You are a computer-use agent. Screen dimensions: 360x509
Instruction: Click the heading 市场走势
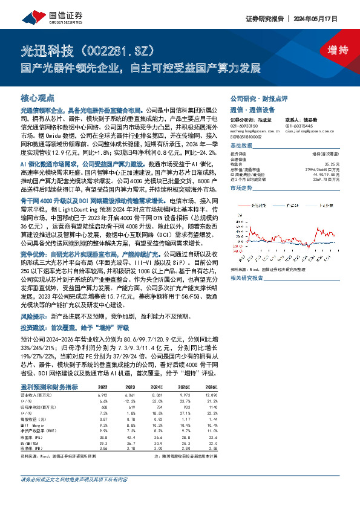(x=241, y=189)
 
